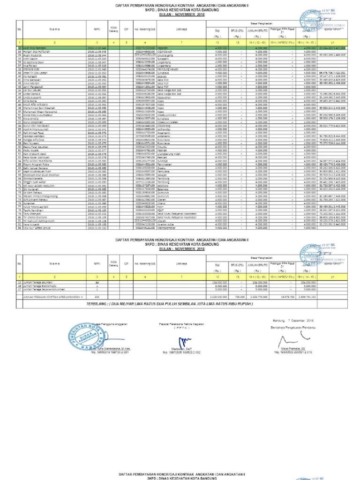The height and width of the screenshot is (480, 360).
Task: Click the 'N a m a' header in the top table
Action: (55, 29)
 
